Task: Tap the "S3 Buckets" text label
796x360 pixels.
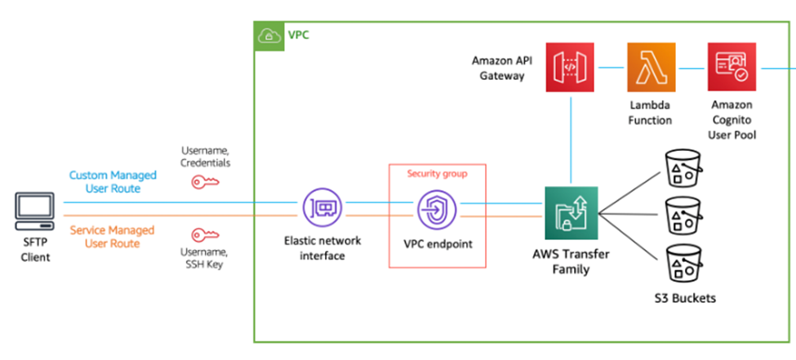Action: (x=684, y=298)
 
